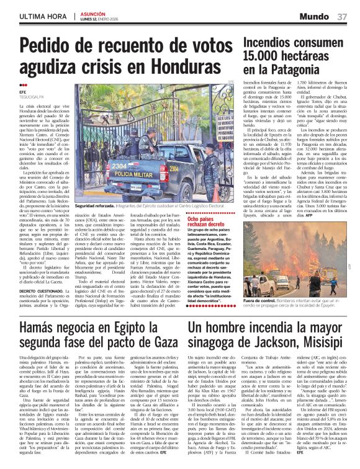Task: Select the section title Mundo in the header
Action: click(x=318, y=15)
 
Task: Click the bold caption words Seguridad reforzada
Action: click(x=95, y=205)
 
